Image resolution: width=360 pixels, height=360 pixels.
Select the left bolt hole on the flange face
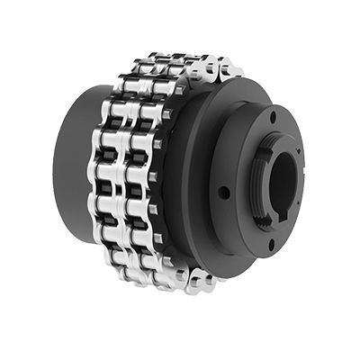[221, 191]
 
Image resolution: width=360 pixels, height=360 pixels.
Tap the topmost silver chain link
[171, 59]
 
